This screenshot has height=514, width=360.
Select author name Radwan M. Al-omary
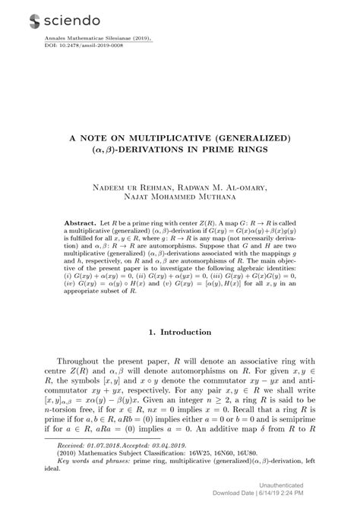coord(226,188)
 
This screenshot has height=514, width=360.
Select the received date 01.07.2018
coord(103,468)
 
